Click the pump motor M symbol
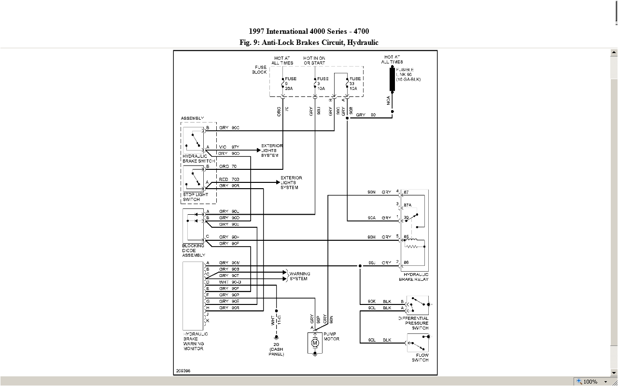pyautogui.click(x=315, y=343)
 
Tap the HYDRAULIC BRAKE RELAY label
pyautogui.click(x=413, y=276)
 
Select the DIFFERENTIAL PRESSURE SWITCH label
pyautogui.click(x=413, y=323)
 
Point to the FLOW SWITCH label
pyautogui.click(x=420, y=358)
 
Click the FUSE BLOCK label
pyautogui.click(x=259, y=70)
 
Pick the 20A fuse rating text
pyautogui.click(x=289, y=88)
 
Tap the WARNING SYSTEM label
pyautogui.click(x=299, y=276)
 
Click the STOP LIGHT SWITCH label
pyautogui.click(x=196, y=197)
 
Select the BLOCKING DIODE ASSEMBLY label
pyautogui.click(x=193, y=250)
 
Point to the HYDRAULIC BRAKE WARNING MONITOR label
pyautogui.click(x=196, y=341)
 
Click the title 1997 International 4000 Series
pyautogui.click(x=309, y=32)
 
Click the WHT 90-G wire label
pyautogui.click(x=229, y=282)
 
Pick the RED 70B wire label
pyautogui.click(x=229, y=179)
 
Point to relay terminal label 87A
pyautogui.click(x=408, y=205)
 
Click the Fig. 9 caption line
pyautogui.click(x=309, y=42)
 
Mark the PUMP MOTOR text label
pyautogui.click(x=331, y=336)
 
